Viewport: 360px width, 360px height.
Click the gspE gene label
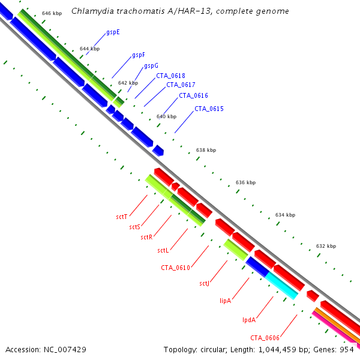click(113, 32)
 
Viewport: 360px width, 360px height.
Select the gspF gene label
click(139, 55)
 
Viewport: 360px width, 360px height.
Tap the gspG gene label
click(151, 65)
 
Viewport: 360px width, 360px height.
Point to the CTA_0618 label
click(170, 76)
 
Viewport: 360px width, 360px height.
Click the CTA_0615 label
click(209, 109)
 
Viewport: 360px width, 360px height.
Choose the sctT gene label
click(122, 216)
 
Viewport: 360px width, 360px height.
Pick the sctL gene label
click(164, 250)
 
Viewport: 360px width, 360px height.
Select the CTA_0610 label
click(175, 268)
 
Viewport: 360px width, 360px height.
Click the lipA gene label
click(226, 300)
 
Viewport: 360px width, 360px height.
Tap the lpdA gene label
click(249, 320)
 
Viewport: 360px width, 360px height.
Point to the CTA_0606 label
click(265, 338)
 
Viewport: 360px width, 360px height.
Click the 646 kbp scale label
click(52, 13)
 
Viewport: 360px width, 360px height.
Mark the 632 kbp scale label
click(326, 246)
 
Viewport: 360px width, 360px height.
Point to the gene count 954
click(347, 349)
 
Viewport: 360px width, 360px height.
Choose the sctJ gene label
click(205, 283)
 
